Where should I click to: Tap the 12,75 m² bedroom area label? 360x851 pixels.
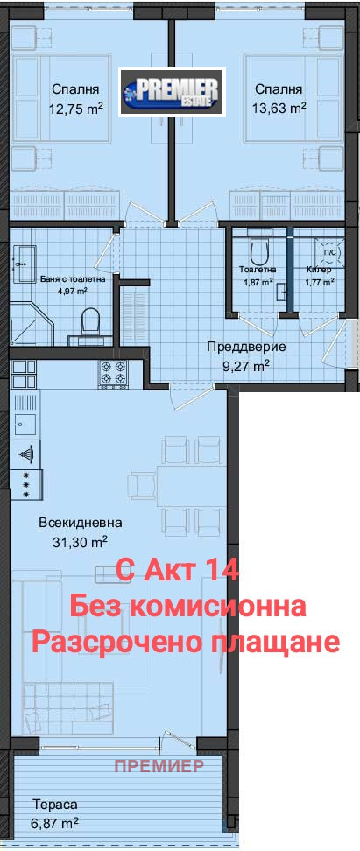coord(75,109)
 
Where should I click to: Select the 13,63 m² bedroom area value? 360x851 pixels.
coord(279,109)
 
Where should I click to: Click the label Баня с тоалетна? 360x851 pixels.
coord(74,279)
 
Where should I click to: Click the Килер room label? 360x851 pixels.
coord(319,270)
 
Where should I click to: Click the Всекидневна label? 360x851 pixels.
coord(81,523)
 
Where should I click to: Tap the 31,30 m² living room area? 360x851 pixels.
coord(80,542)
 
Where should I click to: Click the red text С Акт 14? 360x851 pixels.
coord(178,571)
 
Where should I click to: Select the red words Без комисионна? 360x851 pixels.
coord(187,606)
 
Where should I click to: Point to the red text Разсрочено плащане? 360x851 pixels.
coord(185,642)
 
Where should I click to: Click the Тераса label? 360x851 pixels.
coord(56,804)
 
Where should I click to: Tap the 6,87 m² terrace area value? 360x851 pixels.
coord(56,823)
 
